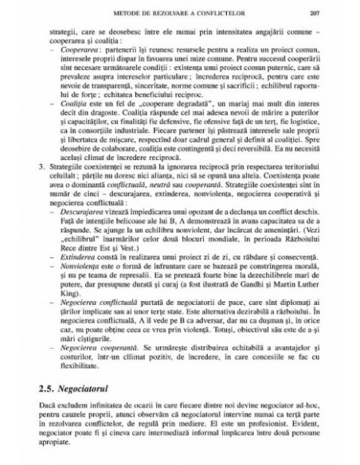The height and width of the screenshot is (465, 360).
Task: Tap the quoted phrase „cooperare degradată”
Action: (150, 117)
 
